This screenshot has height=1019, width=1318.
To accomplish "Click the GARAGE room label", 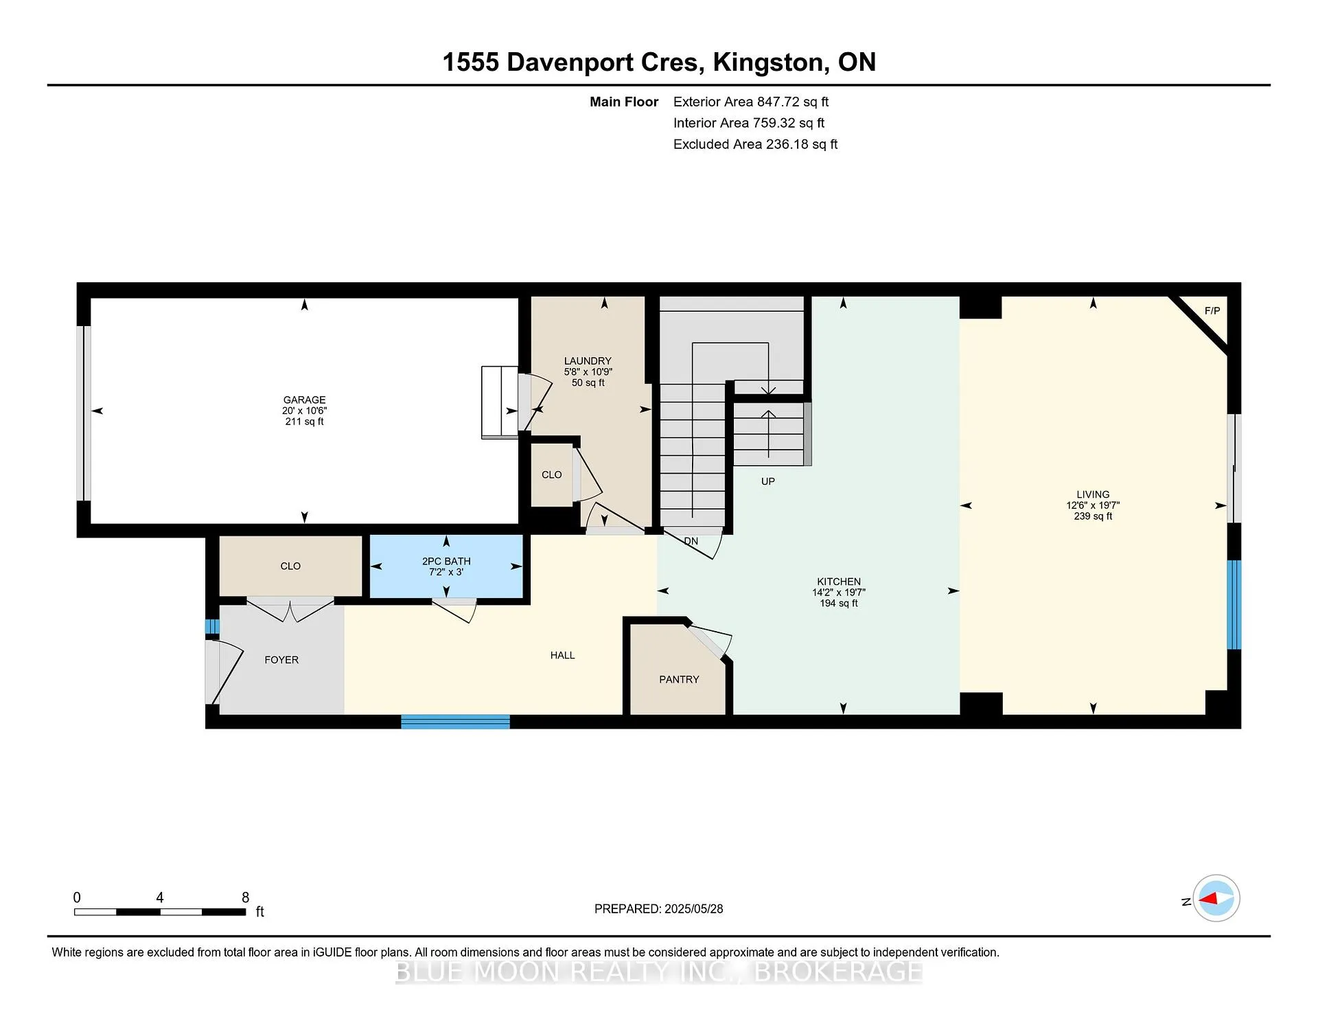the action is pyautogui.click(x=304, y=400).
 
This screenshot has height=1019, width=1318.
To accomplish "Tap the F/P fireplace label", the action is pyautogui.click(x=1212, y=311).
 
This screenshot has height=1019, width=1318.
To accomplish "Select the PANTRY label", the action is pyautogui.click(x=679, y=679).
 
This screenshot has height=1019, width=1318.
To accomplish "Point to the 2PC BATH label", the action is pyautogui.click(x=446, y=561).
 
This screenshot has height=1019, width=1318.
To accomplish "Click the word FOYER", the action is pyautogui.click(x=281, y=660).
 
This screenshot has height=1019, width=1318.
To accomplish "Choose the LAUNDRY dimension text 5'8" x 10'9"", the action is pyautogui.click(x=588, y=371).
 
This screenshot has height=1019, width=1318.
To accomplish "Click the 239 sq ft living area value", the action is pyautogui.click(x=1093, y=516).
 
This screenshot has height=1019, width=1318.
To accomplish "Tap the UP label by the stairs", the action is pyautogui.click(x=768, y=481).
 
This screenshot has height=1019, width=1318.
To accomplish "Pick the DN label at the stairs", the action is pyautogui.click(x=691, y=541).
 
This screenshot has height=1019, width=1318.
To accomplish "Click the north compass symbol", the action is pyautogui.click(x=1216, y=898).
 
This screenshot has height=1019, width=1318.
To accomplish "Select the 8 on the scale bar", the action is pyautogui.click(x=246, y=897).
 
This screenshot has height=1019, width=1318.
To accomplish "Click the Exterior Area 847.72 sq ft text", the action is pyautogui.click(x=751, y=102).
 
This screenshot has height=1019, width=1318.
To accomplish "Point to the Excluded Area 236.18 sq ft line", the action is pyautogui.click(x=755, y=144).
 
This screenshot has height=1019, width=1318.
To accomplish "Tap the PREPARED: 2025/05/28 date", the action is pyautogui.click(x=659, y=908).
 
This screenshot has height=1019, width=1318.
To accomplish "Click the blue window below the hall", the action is pyautogui.click(x=455, y=722).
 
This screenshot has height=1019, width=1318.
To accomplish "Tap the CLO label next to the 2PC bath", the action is pyautogui.click(x=290, y=566).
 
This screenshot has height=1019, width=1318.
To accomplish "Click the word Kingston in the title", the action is pyautogui.click(x=767, y=62).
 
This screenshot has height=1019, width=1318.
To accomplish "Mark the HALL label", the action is pyautogui.click(x=562, y=655).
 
